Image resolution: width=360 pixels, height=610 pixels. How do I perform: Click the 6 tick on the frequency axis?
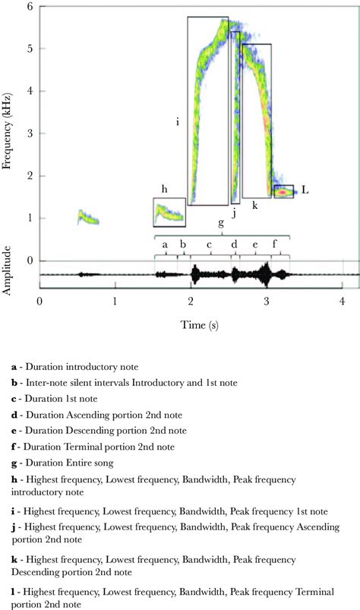pyautogui.click(x=30, y=6)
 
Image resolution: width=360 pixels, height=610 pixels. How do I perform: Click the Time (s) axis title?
pyautogui.click(x=191, y=325)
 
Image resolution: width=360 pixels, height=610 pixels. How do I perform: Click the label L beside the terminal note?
pyautogui.click(x=305, y=190)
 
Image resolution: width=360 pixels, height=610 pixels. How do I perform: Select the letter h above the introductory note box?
pyautogui.click(x=164, y=188)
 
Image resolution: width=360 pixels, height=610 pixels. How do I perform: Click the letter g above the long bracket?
pyautogui.click(x=221, y=223)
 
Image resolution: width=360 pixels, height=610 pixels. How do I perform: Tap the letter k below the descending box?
pyautogui.click(x=255, y=206)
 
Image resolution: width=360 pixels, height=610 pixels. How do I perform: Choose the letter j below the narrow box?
pyautogui.click(x=234, y=213)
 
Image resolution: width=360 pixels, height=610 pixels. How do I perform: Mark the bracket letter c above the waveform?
pyautogui.click(x=209, y=245)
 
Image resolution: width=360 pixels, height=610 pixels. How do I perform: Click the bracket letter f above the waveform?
pyautogui.click(x=275, y=245)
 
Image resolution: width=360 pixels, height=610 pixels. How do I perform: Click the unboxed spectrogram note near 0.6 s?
pyautogui.click(x=88, y=219)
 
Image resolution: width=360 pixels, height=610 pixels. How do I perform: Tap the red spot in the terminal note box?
pyautogui.click(x=283, y=192)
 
